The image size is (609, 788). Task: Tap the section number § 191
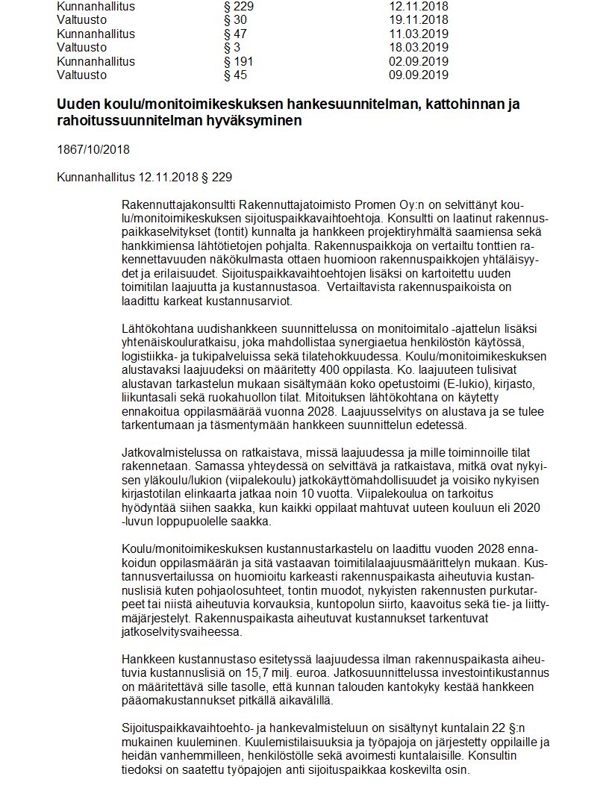click(x=238, y=61)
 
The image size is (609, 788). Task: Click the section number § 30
click(x=235, y=20)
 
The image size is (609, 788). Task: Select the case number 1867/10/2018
click(x=93, y=149)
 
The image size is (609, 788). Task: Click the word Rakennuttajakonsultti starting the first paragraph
click(x=175, y=205)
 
